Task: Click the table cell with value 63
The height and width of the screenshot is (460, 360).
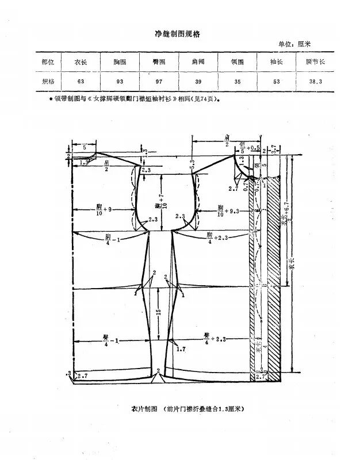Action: click(79, 82)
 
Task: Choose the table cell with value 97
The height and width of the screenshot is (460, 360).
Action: click(158, 82)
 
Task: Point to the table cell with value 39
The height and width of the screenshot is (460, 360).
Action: click(198, 82)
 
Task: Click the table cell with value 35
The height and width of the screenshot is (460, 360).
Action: click(237, 82)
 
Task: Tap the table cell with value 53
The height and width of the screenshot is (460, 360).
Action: click(277, 82)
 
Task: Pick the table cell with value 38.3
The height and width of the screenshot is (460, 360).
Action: click(316, 82)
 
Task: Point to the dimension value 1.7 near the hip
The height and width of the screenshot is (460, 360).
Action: click(181, 349)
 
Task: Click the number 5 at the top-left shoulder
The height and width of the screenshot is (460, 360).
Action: click(85, 148)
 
